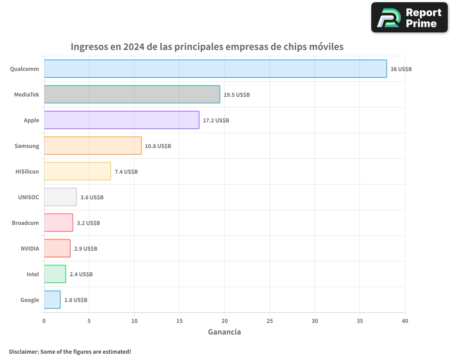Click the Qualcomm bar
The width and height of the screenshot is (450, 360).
point(215,69)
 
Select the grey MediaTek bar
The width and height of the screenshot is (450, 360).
point(132,94)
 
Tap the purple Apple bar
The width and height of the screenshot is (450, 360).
point(121,120)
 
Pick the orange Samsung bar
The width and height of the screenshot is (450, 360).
point(93,146)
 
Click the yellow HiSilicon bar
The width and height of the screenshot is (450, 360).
point(77,171)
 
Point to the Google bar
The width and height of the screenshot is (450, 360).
point(52,300)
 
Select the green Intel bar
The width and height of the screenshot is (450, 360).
point(55,274)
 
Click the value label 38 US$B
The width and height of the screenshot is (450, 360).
point(401,69)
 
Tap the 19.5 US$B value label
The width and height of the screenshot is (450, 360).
point(237,95)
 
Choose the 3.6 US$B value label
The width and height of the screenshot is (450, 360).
point(92,198)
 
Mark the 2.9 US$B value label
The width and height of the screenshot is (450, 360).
point(85,249)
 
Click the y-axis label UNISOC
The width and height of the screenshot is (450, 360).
point(28,197)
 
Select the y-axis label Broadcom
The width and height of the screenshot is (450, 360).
point(25,223)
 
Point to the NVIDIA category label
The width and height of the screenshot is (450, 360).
point(30,248)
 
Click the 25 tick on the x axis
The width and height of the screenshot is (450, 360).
point(270,321)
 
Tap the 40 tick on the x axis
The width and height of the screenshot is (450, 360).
point(405,321)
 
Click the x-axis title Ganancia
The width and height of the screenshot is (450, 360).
point(224,332)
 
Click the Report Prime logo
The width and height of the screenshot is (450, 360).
point(409,18)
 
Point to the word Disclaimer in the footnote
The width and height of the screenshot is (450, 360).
point(23,352)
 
